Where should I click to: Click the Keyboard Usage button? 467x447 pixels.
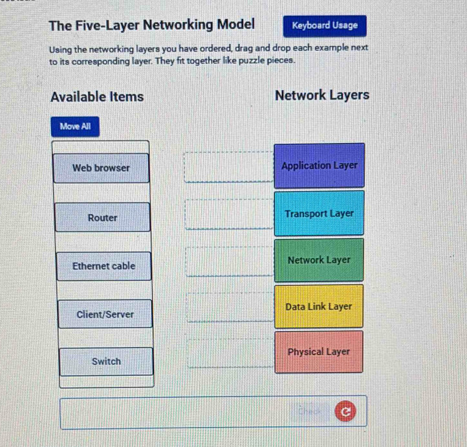click(x=325, y=26)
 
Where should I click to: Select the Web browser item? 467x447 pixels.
click(x=101, y=168)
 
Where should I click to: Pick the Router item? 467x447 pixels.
click(x=102, y=217)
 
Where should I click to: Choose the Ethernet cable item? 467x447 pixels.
click(x=104, y=266)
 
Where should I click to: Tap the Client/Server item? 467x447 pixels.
click(x=105, y=314)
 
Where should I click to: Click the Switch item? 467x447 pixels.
click(x=106, y=362)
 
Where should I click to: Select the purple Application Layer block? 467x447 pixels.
click(x=320, y=166)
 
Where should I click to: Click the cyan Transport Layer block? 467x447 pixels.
click(x=319, y=213)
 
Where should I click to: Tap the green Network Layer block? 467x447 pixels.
click(x=319, y=260)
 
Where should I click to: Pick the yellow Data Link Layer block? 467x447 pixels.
click(x=319, y=307)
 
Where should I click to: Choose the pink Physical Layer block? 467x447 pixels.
click(x=319, y=352)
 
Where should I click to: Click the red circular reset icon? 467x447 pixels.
click(x=345, y=411)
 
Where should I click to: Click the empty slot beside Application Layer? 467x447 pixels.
click(x=229, y=167)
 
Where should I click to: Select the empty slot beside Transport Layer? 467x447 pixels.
click(x=230, y=214)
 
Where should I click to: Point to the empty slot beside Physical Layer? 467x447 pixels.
click(x=231, y=353)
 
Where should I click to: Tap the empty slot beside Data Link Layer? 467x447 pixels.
click(x=230, y=307)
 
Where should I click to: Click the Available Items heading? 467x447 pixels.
click(x=97, y=97)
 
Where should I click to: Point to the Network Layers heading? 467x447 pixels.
click(x=322, y=96)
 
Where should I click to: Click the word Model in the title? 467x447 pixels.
click(x=235, y=25)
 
